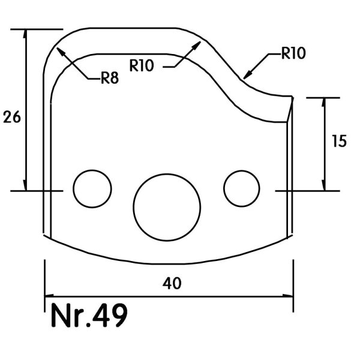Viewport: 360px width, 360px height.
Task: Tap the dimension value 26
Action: [x=12, y=116]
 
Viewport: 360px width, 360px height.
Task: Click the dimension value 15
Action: [x=339, y=141]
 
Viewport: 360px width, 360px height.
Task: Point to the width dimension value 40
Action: [x=172, y=283]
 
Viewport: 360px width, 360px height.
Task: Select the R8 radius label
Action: [x=110, y=77]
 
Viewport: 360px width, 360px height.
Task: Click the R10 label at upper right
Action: [x=293, y=53]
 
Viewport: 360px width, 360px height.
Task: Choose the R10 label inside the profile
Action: [x=142, y=65]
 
